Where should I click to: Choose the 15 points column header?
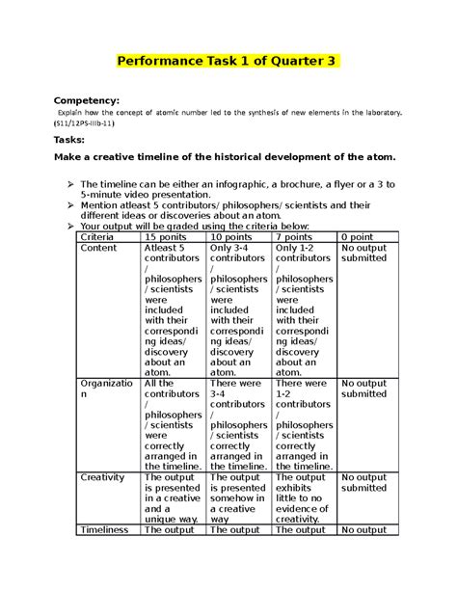click(166, 237)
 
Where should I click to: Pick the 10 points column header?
click(231, 237)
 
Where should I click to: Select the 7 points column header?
click(295, 237)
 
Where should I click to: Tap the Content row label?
click(99, 249)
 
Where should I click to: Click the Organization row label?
click(104, 389)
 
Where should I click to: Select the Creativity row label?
click(103, 477)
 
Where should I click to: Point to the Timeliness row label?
click(106, 529)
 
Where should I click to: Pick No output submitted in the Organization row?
click(363, 389)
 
